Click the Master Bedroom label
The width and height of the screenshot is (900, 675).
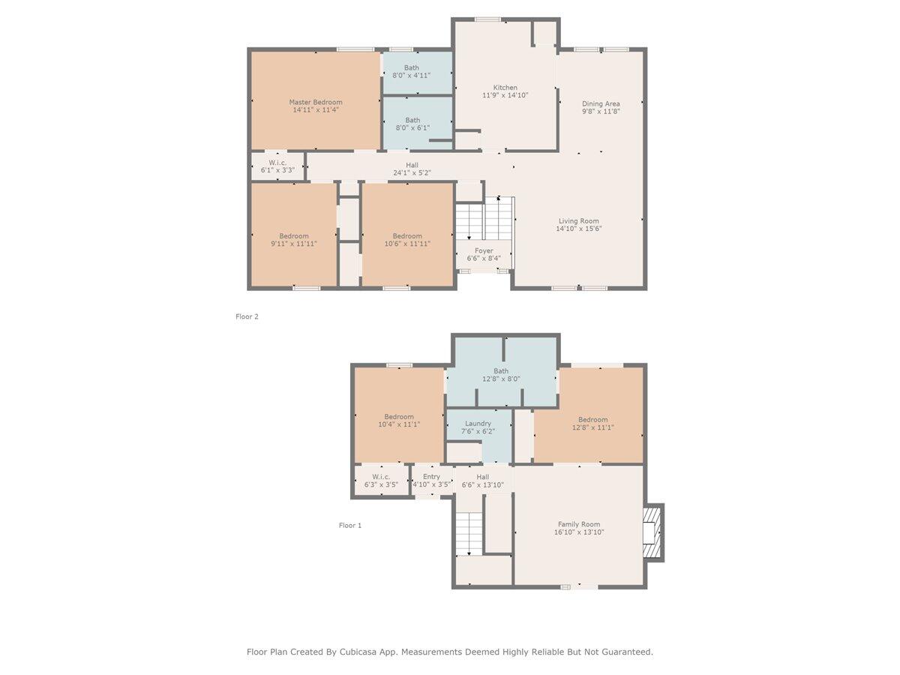click(x=315, y=102)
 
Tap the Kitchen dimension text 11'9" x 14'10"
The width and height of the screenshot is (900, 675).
click(x=505, y=95)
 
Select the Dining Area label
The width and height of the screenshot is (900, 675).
click(x=601, y=103)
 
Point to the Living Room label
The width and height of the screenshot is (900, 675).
click(x=578, y=221)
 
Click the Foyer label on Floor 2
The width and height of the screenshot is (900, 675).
click(x=484, y=250)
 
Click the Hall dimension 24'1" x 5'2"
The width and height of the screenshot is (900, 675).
click(x=412, y=173)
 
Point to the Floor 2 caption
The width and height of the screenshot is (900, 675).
click(x=247, y=316)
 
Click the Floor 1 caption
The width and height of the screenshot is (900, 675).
click(x=350, y=526)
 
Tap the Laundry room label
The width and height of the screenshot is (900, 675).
click(x=478, y=423)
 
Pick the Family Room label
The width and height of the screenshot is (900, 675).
click(x=579, y=524)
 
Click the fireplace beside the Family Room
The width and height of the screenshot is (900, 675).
click(x=652, y=532)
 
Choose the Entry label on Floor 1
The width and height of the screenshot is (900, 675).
click(x=431, y=477)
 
